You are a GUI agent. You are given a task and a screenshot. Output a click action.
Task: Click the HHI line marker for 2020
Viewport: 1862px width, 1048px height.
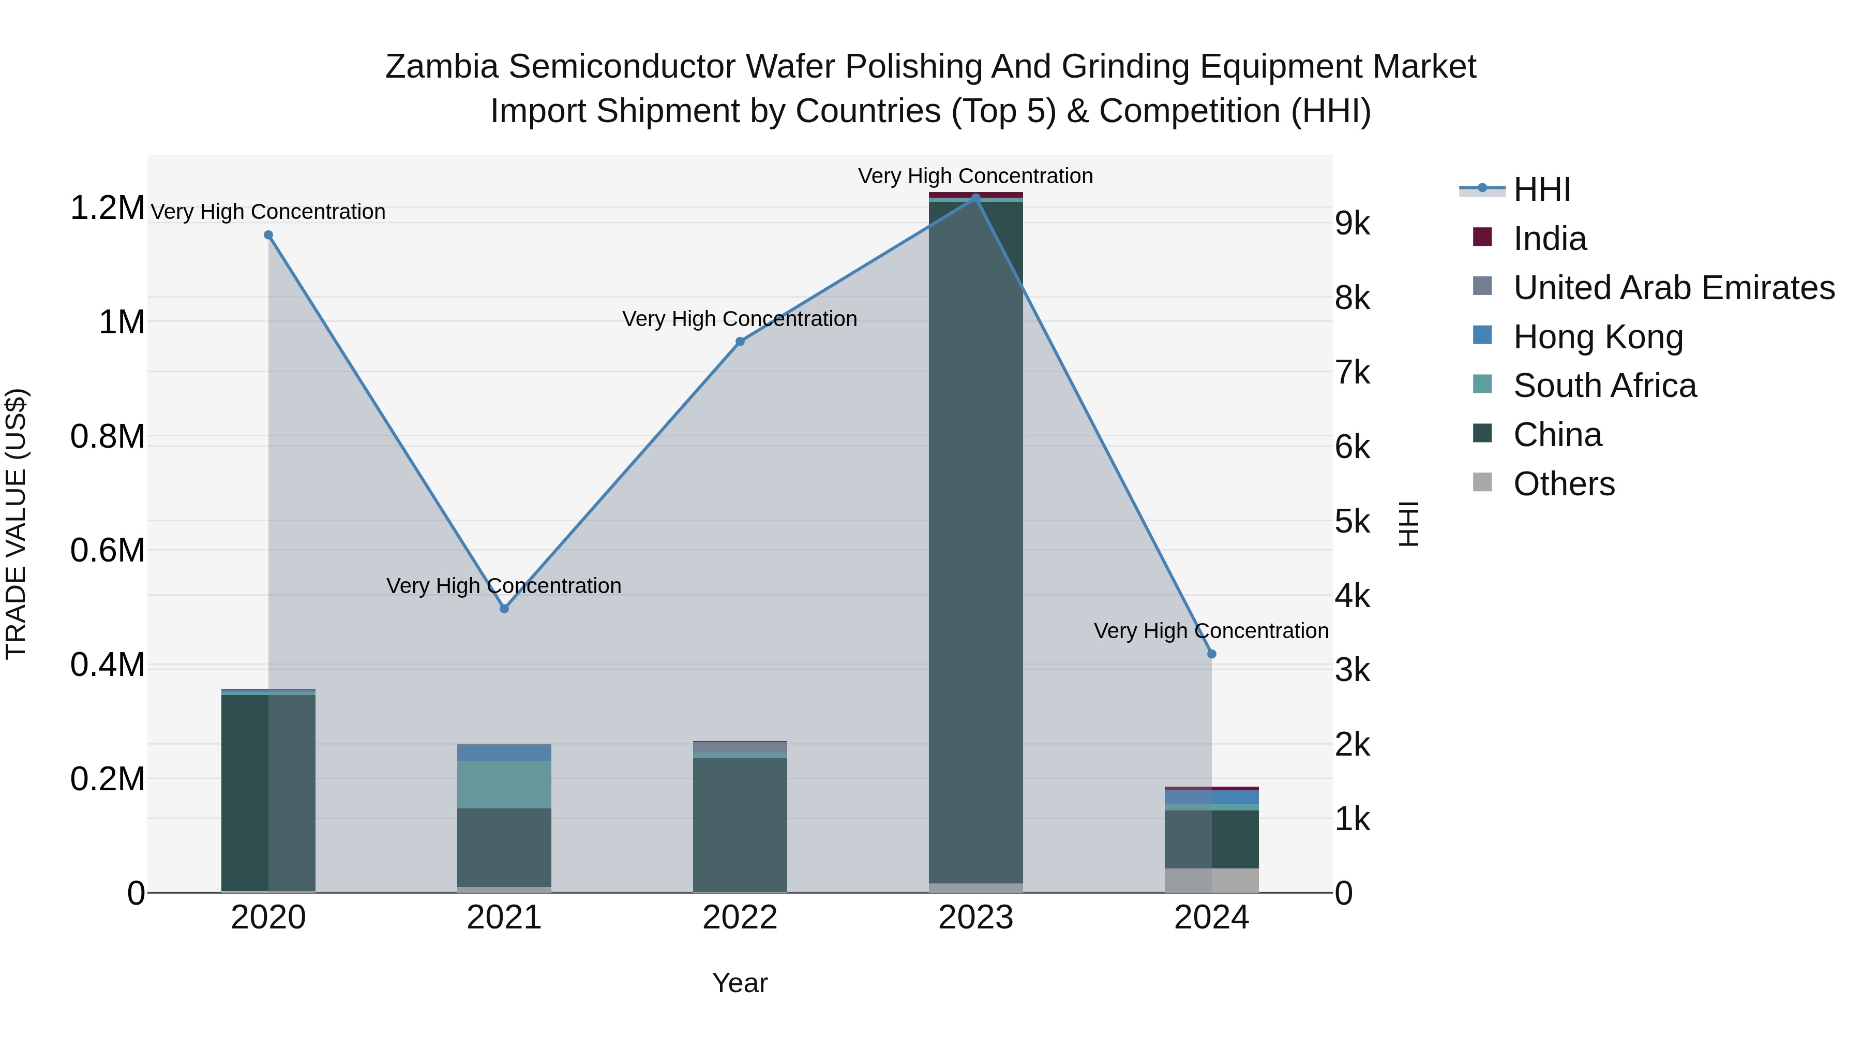(x=268, y=235)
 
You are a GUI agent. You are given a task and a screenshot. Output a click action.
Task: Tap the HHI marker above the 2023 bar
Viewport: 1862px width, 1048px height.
(x=976, y=198)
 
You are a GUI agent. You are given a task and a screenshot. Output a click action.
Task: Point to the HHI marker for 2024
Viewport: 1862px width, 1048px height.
(x=1212, y=654)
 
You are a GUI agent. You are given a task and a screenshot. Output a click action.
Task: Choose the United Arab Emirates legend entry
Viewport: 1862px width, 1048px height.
(x=1673, y=288)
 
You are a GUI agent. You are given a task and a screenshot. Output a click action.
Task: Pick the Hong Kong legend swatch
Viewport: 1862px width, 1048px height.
(x=1482, y=335)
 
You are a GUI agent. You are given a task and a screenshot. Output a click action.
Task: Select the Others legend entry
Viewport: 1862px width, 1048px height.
(x=1564, y=484)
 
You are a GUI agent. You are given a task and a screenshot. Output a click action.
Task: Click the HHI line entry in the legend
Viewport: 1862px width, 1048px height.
(x=1541, y=189)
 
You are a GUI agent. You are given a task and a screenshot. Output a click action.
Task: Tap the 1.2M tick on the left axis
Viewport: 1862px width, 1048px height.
(x=107, y=208)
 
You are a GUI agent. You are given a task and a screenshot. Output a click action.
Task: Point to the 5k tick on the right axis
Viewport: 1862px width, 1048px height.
(x=1352, y=522)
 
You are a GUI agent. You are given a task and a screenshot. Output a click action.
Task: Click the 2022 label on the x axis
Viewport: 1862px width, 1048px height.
(x=740, y=918)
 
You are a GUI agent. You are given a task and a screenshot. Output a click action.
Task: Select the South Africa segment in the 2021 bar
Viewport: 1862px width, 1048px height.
(x=504, y=785)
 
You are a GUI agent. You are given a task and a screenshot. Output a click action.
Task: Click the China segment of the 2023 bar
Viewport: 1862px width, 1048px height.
(x=976, y=542)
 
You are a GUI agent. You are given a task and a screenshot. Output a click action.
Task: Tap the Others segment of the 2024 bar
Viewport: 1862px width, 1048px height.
(x=1212, y=880)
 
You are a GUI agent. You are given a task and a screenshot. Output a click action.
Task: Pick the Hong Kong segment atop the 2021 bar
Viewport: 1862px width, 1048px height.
(x=504, y=753)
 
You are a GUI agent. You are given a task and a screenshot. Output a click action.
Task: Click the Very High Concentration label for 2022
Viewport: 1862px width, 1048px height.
(x=740, y=319)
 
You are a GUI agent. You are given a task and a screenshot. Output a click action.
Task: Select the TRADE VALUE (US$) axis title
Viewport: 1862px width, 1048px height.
(x=16, y=524)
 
